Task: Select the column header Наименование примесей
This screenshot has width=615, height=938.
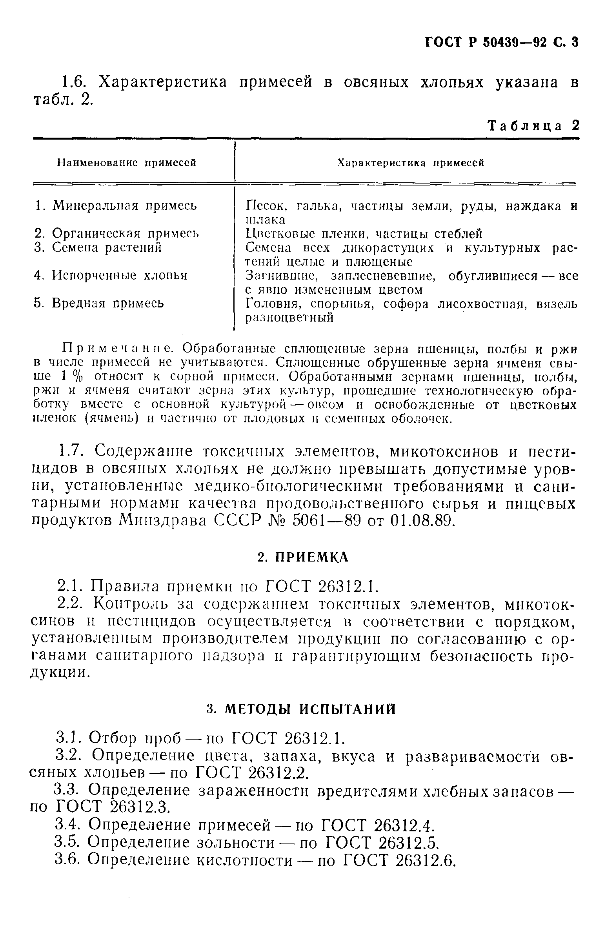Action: click(127, 163)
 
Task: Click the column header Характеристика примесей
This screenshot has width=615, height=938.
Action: click(410, 163)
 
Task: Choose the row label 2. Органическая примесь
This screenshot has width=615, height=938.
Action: click(117, 233)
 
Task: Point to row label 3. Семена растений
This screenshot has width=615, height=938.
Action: click(98, 247)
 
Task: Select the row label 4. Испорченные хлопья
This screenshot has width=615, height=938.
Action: click(111, 275)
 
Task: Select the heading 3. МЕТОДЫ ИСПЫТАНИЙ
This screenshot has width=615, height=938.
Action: click(301, 709)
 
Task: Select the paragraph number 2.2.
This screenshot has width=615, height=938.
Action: click(71, 604)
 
